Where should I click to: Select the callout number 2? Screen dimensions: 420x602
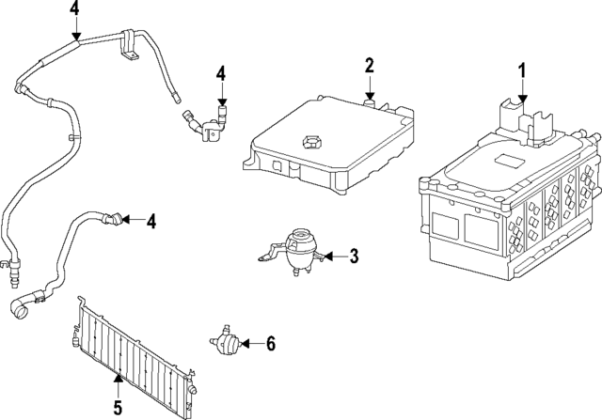pos(370,65)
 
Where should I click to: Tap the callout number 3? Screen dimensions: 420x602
pos(354,256)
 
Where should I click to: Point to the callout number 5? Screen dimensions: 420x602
pos(118,407)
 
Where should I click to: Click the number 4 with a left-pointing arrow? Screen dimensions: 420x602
pos(150,221)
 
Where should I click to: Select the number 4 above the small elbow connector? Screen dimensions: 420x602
pos(221,73)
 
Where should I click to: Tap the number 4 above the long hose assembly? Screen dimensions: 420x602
pos(74,10)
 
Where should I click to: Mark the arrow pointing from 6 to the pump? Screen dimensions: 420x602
pos(251,344)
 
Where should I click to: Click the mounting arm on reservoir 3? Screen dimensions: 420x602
pos(269,252)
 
